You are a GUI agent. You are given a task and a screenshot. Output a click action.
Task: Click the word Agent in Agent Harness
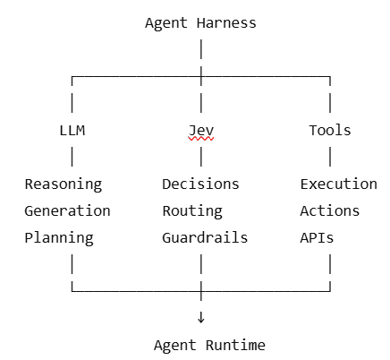pyautogui.click(x=166, y=23)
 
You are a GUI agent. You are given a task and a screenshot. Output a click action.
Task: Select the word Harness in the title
pyautogui.click(x=226, y=23)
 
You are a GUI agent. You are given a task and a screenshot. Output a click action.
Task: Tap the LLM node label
pyautogui.click(x=72, y=131)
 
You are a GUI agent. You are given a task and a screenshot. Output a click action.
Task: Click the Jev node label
pyautogui.click(x=201, y=131)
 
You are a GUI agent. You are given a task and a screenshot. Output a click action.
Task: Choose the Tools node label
pyautogui.click(x=330, y=131)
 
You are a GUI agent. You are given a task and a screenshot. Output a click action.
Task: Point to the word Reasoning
pyautogui.click(x=64, y=184)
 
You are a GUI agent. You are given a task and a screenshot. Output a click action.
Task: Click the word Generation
pyautogui.click(x=67, y=211)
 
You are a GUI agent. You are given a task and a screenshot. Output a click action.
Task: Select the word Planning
pyautogui.click(x=59, y=238)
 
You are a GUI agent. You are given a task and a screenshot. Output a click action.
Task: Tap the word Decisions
pyautogui.click(x=200, y=184)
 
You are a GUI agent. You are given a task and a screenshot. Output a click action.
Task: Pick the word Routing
pyautogui.click(x=192, y=211)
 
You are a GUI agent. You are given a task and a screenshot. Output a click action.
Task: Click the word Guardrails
pyautogui.click(x=205, y=238)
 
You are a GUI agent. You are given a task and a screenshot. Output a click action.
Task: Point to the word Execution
pyautogui.click(x=339, y=184)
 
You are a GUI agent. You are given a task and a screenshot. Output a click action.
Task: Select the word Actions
pyautogui.click(x=330, y=211)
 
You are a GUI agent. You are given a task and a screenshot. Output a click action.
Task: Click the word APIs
pyautogui.click(x=317, y=238)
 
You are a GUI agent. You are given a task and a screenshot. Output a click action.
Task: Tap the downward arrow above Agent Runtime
pyautogui.click(x=201, y=317)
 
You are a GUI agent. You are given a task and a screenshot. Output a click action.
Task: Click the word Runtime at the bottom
pyautogui.click(x=235, y=346)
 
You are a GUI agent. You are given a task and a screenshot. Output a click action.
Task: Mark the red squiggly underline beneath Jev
pyautogui.click(x=201, y=139)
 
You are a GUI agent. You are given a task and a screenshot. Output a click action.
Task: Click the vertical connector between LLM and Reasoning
pyautogui.click(x=72, y=157)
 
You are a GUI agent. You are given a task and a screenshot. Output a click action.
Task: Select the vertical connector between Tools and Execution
pyautogui.click(x=330, y=157)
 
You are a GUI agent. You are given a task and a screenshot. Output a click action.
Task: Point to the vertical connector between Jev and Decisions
pyautogui.click(x=201, y=157)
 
